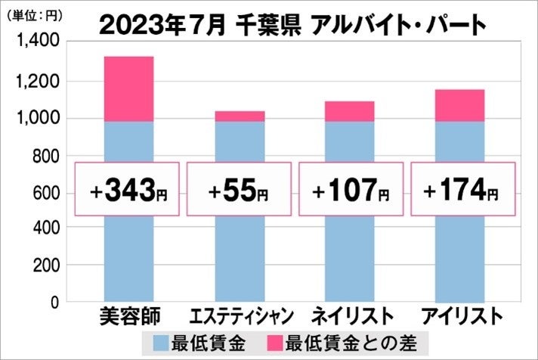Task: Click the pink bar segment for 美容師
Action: (x=128, y=88)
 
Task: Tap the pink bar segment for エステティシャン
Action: (x=240, y=116)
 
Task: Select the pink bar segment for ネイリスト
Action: (x=349, y=111)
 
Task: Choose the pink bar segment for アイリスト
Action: (x=460, y=105)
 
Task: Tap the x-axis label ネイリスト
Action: (x=351, y=316)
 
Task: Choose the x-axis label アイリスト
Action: (x=461, y=316)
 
